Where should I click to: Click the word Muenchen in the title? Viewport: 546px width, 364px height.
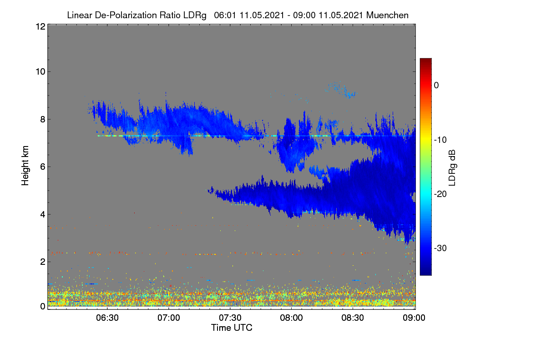(x=387, y=15)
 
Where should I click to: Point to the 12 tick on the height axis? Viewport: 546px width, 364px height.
(x=40, y=26)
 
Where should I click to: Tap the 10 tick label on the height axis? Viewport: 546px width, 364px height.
(x=40, y=72)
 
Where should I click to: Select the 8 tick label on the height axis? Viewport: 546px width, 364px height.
(x=43, y=120)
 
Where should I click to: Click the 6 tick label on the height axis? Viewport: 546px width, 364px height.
(x=43, y=167)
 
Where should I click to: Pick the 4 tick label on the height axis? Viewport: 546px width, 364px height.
(x=43, y=215)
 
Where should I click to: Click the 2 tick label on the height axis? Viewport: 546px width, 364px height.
(x=43, y=262)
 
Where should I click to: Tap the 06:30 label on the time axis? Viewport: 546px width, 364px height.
(x=107, y=318)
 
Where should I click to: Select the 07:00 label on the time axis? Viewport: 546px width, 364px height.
(x=169, y=318)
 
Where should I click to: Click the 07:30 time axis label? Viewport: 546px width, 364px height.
(x=230, y=318)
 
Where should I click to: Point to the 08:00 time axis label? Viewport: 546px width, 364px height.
(x=291, y=318)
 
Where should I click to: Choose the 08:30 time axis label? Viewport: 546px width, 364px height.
(x=353, y=318)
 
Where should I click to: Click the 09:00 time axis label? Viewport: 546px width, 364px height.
(x=414, y=318)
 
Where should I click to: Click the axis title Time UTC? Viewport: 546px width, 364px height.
(x=232, y=328)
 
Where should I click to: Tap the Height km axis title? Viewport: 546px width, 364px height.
(x=25, y=166)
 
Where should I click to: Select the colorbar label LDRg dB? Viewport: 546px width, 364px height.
(x=452, y=168)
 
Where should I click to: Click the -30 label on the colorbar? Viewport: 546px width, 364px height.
(x=440, y=248)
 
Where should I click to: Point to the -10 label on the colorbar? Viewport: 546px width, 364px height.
(x=440, y=140)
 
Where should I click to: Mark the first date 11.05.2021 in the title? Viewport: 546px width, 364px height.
(x=262, y=15)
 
